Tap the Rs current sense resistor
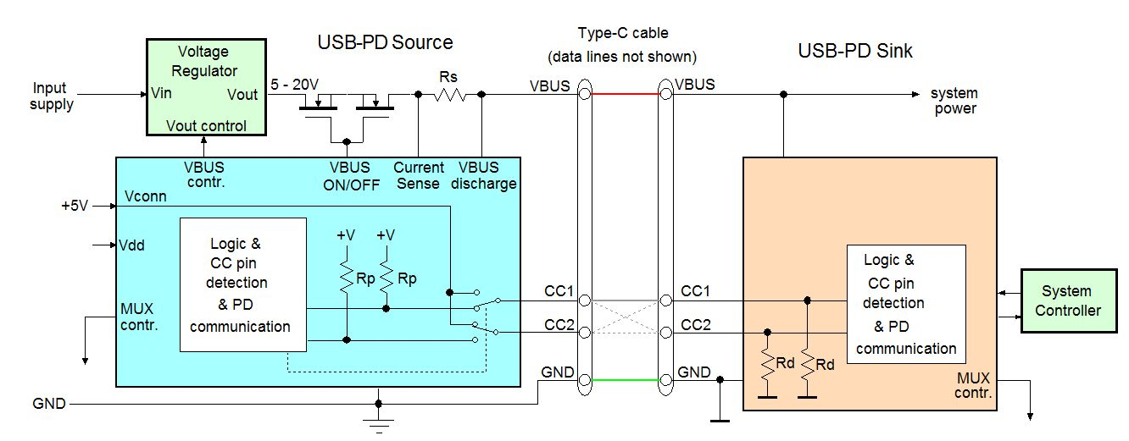449,95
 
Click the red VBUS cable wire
625,94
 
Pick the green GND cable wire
625,380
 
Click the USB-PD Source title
385,42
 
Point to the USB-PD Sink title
855,51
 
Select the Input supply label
51,96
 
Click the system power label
954,100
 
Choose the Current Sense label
418,175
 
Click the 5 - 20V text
294,85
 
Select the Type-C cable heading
623,34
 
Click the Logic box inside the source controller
242,284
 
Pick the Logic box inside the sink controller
906,304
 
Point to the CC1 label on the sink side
696,291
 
